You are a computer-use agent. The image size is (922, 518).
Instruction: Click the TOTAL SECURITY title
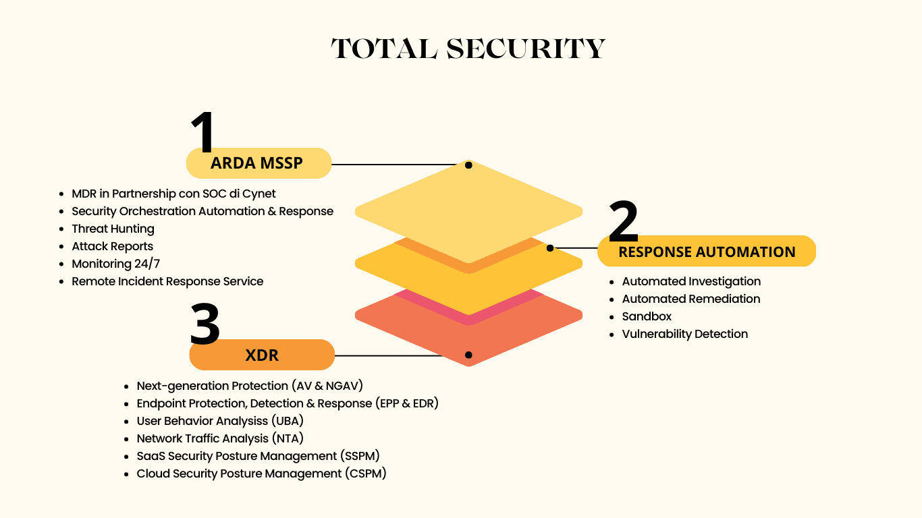[x=468, y=49]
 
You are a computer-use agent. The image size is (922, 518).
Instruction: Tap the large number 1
[x=203, y=132]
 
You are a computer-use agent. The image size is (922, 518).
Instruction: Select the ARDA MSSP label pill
[x=259, y=163]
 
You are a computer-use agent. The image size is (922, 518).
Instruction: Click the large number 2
[x=623, y=221]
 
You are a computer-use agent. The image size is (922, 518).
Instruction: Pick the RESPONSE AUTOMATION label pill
[x=707, y=251]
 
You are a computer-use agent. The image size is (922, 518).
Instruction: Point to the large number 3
[x=205, y=324]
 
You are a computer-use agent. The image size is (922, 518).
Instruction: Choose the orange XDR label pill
[x=262, y=355]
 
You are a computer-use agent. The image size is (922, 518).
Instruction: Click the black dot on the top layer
[x=468, y=165]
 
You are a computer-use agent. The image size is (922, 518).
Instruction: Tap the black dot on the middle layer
[x=550, y=248]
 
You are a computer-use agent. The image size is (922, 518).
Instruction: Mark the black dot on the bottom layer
[x=468, y=355]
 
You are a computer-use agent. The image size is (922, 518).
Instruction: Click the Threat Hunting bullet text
[x=113, y=229]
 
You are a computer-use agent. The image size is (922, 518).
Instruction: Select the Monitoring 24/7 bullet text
[x=115, y=264]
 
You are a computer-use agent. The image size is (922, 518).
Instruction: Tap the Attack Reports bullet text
[x=112, y=246]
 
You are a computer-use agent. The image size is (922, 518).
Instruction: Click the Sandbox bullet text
[x=647, y=316]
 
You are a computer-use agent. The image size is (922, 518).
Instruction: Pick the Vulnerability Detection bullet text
[x=685, y=334]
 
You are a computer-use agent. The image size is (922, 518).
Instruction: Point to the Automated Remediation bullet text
[x=691, y=299]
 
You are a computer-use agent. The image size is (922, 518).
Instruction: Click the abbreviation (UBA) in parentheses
[x=288, y=421]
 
